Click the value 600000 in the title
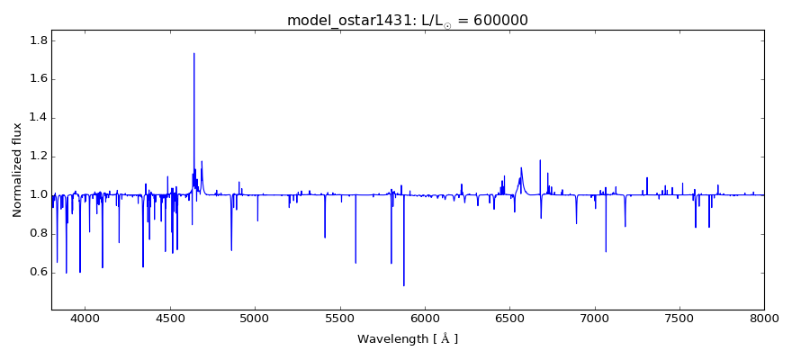click(x=496, y=20)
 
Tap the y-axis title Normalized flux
click(x=17, y=169)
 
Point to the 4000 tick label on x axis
click(x=85, y=318)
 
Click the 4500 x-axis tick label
click(x=170, y=318)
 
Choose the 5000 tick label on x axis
click(x=255, y=318)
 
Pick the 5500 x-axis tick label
click(x=339, y=318)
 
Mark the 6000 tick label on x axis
click(x=425, y=318)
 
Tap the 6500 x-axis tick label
click(x=509, y=318)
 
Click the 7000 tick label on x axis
click(x=594, y=318)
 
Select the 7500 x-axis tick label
click(x=679, y=318)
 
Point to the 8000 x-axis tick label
click(x=764, y=318)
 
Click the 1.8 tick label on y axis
click(x=37, y=40)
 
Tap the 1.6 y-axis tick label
click(x=37, y=79)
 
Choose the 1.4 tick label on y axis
click(x=37, y=118)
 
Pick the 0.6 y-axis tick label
click(x=37, y=273)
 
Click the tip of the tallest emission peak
click(x=193, y=53)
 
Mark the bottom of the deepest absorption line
click(x=403, y=285)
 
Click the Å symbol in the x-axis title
click(x=442, y=338)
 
